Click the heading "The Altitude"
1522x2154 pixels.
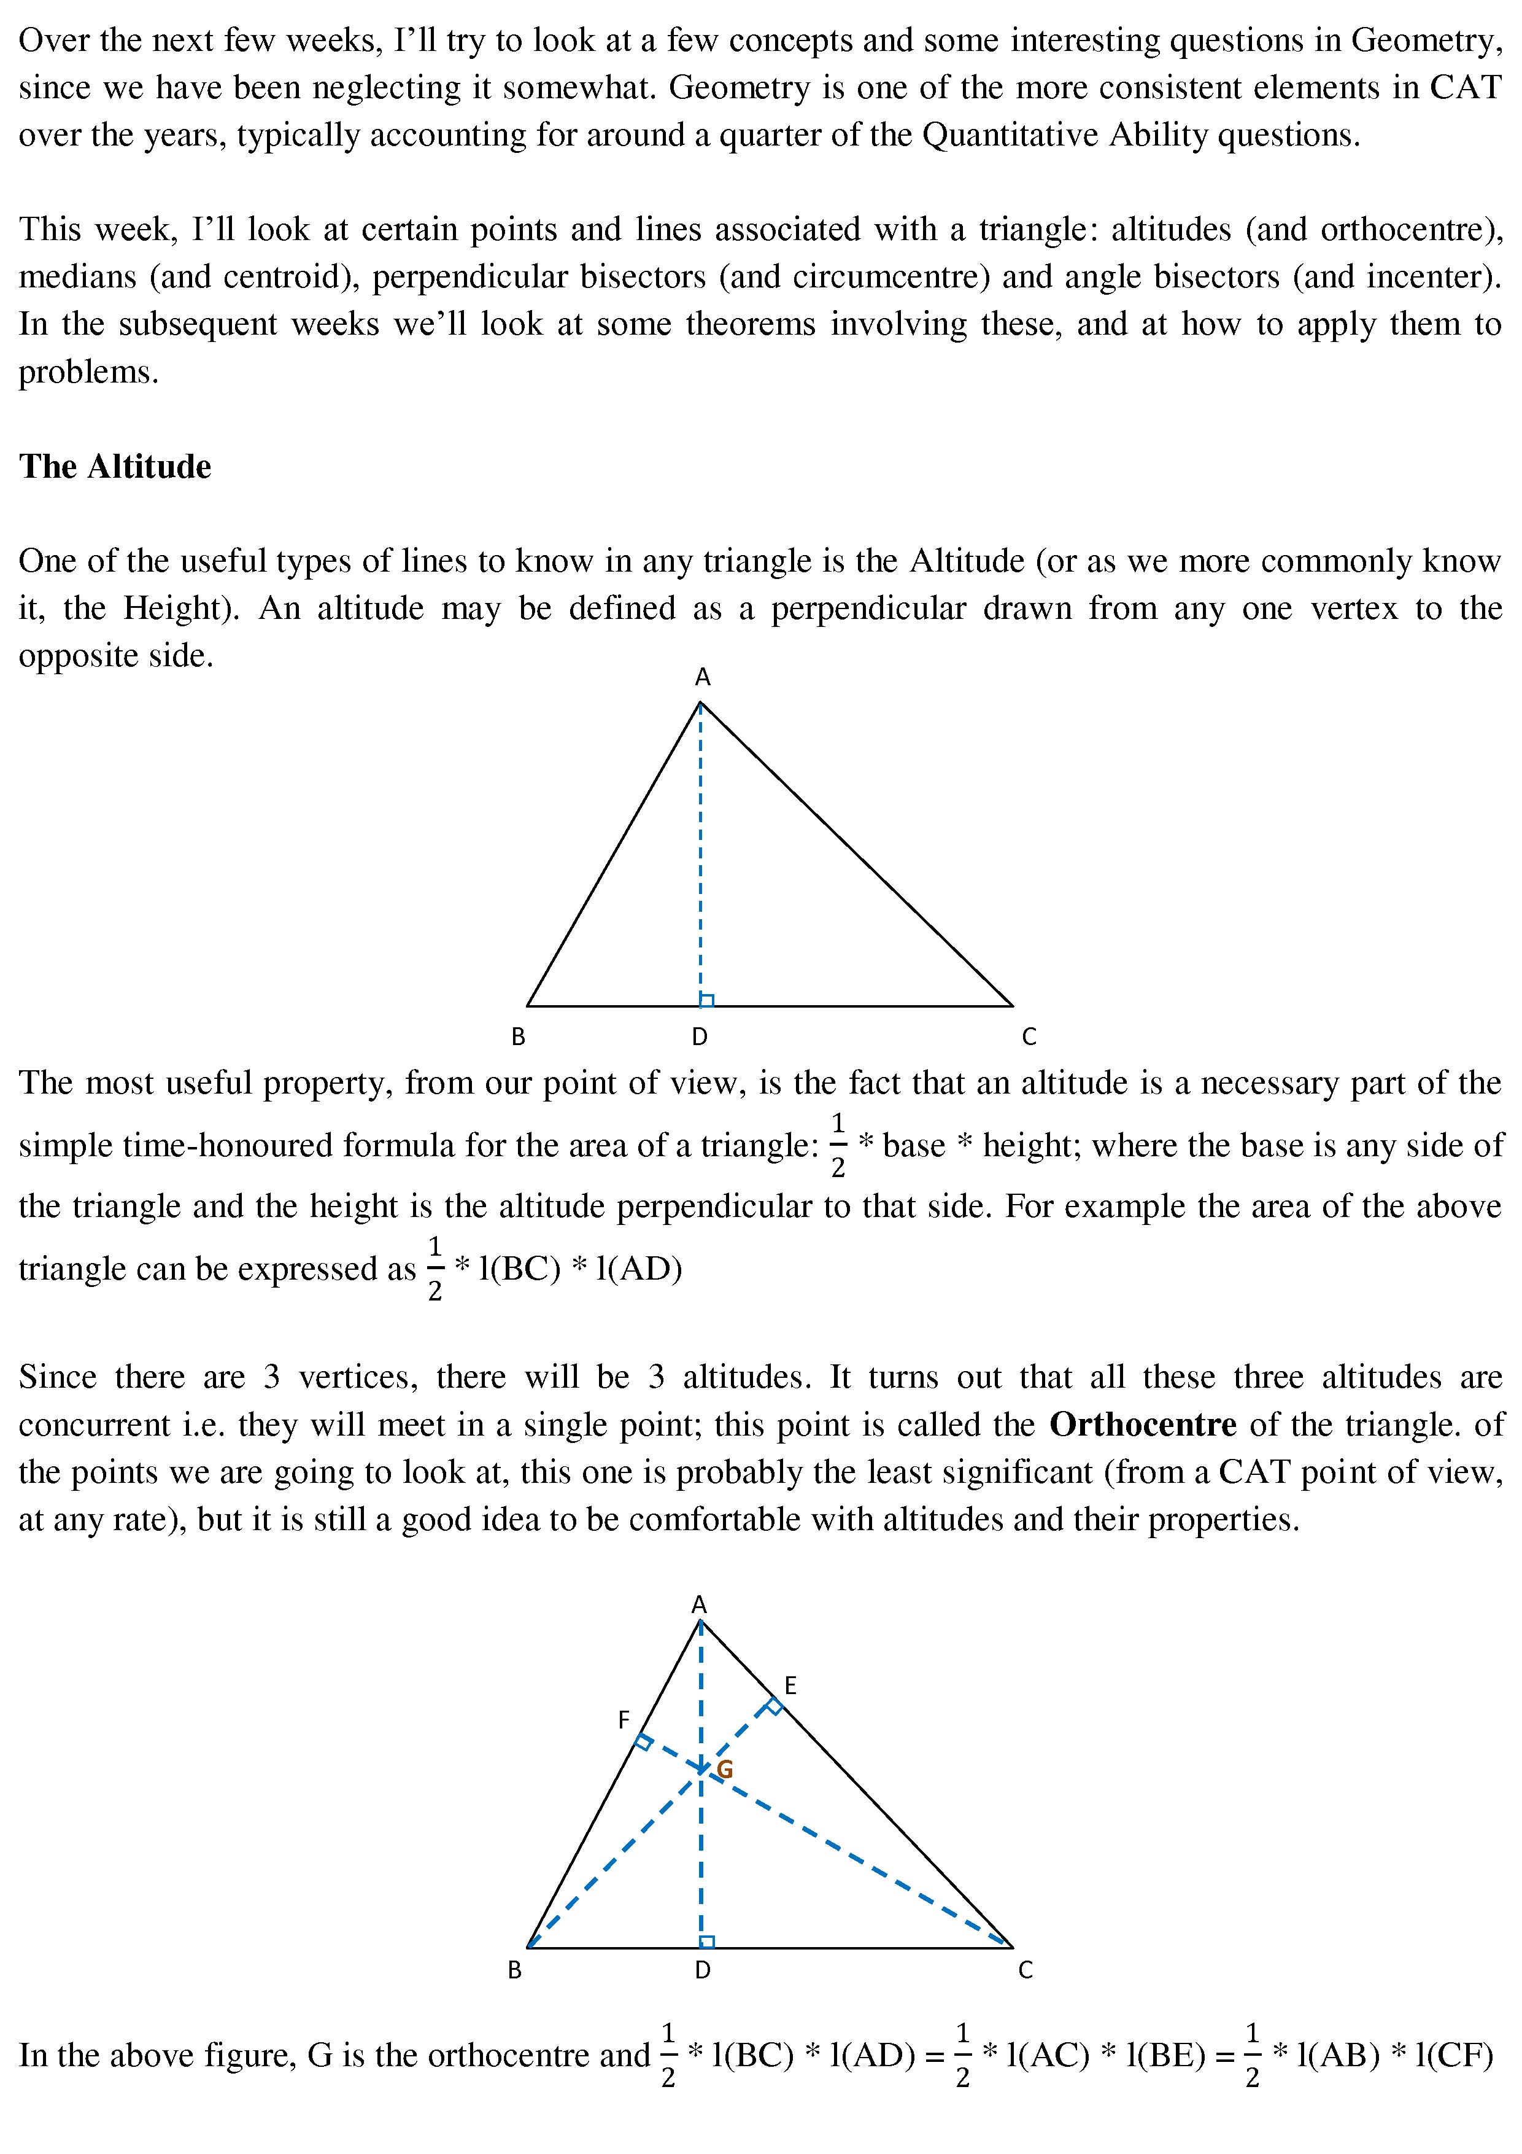coord(114,466)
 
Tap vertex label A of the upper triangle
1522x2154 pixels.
coord(702,677)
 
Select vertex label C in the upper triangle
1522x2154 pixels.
coord(1029,1036)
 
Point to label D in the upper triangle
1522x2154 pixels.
coord(700,1036)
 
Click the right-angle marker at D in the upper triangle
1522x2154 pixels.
coord(707,1000)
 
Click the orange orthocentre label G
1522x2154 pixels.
coord(724,1770)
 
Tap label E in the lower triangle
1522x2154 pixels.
coord(790,1686)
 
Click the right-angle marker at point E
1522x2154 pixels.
coord(774,1706)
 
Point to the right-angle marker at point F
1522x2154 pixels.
coord(643,1741)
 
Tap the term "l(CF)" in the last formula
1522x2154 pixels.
coord(1453,2056)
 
